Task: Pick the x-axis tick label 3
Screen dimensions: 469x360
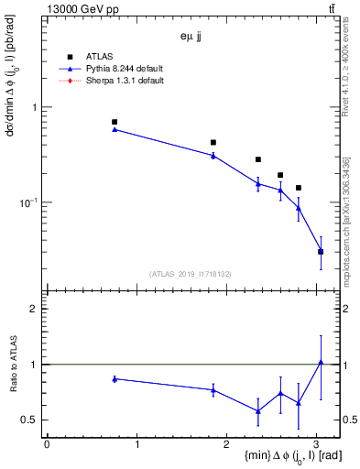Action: [x=317, y=445]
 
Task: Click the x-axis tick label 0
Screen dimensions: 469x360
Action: [x=47, y=445]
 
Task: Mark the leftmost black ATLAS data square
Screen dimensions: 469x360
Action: [x=115, y=122]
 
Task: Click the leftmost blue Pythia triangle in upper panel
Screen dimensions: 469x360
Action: [x=115, y=129]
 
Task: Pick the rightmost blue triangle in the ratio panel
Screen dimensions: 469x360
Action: [x=321, y=362]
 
